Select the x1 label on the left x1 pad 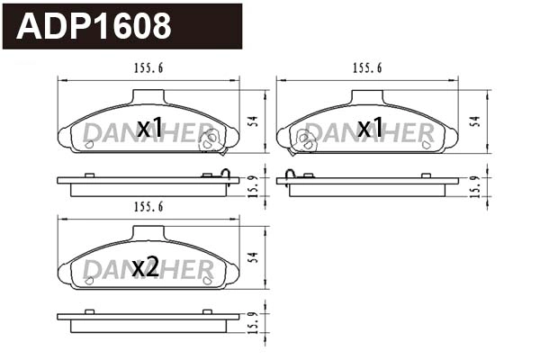tap(149, 129)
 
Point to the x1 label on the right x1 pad tap(370, 129)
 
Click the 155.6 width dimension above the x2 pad tap(148, 207)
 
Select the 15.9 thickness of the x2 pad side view tap(255, 321)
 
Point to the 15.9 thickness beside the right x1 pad tap(474, 184)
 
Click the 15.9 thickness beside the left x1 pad tap(255, 184)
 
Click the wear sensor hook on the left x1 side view tap(228, 175)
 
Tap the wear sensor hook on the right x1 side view tap(290, 175)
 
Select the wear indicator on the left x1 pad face tap(210, 139)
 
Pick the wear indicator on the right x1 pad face tap(307, 139)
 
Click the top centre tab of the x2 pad tap(148, 234)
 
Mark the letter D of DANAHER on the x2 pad tap(93, 270)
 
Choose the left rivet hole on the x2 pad tap(89, 282)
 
